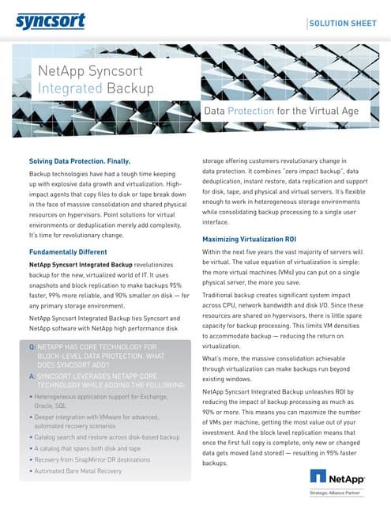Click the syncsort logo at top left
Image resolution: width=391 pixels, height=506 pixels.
[x=50, y=21]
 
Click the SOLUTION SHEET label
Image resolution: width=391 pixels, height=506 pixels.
[x=343, y=24]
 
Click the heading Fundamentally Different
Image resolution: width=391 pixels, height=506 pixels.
[x=68, y=252]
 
